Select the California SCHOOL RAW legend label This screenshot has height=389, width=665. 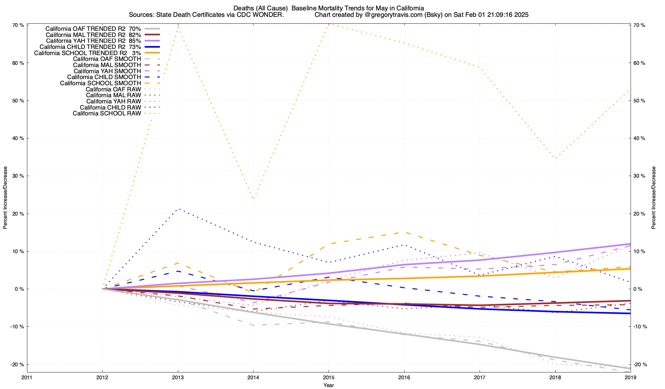click(107, 113)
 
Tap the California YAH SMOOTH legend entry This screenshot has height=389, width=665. click(107, 71)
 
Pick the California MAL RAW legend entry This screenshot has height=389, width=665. click(113, 95)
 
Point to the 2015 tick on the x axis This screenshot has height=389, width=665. click(329, 377)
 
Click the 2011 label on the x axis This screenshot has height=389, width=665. click(27, 377)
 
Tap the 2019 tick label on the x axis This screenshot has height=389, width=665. click(630, 377)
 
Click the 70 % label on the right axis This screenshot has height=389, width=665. click(639, 25)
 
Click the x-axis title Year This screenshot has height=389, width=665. click(329, 385)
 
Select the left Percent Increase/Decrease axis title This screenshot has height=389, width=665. click(5, 198)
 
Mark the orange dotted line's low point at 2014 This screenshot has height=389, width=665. click(253, 198)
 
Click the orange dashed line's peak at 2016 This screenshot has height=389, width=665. click(404, 232)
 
